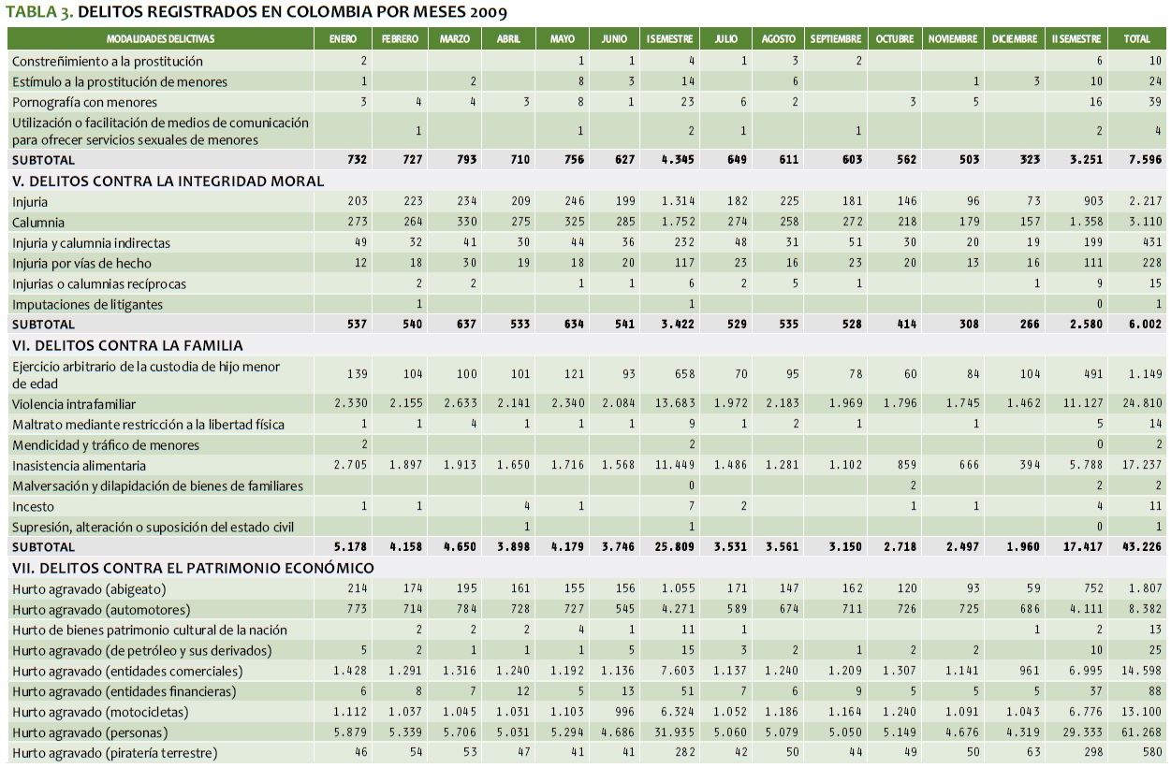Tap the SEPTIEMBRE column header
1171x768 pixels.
coord(835,39)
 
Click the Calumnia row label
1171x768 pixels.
coord(38,223)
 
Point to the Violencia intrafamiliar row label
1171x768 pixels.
coord(74,404)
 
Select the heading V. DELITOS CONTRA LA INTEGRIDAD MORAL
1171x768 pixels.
coord(168,181)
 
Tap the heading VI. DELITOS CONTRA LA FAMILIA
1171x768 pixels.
coord(127,345)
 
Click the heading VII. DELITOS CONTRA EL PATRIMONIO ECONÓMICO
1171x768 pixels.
coord(193,568)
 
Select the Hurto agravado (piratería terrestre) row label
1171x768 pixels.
coord(114,753)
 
